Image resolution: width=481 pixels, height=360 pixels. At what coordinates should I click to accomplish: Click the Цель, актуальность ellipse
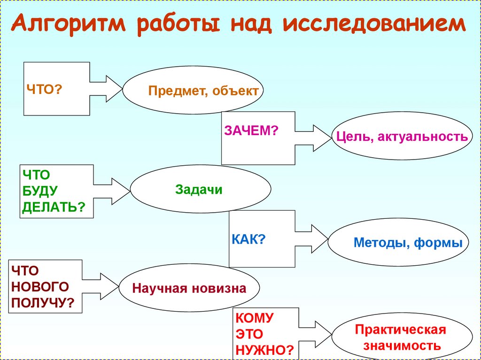pyautogui.click(x=402, y=137)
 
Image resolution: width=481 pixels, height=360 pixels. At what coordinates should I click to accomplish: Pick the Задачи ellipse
pyautogui.click(x=200, y=189)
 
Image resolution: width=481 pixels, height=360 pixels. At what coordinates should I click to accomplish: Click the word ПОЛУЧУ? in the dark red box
pyautogui.click(x=43, y=303)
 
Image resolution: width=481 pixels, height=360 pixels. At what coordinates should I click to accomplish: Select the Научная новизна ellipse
pyautogui.click(x=189, y=288)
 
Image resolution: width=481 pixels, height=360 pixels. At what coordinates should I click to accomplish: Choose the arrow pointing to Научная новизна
pyautogui.click(x=101, y=286)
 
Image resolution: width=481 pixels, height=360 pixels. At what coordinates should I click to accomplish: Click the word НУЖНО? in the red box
pyautogui.click(x=265, y=350)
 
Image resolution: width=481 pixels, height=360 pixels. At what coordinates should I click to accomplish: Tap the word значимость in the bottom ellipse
pyautogui.click(x=401, y=346)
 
